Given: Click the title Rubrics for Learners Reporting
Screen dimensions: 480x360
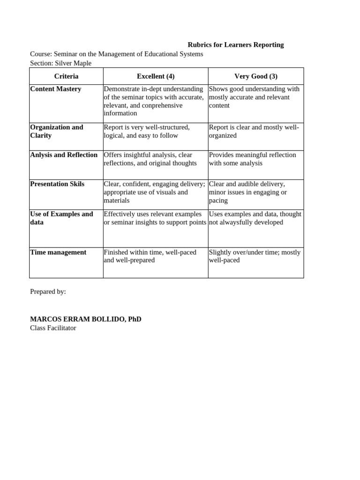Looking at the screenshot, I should [x=235, y=45].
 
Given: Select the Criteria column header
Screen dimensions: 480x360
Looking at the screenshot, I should [x=66, y=76].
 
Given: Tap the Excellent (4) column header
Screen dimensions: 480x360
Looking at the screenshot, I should [x=156, y=76].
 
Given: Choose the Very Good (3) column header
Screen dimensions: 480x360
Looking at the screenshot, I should [x=256, y=76].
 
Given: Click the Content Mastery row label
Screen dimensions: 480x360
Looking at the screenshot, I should [x=55, y=89].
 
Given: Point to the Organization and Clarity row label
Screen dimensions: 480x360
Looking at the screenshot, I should [x=56, y=131].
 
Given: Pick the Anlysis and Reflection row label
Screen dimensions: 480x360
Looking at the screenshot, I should [x=64, y=155].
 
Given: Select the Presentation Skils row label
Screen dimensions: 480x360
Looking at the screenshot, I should [x=57, y=184].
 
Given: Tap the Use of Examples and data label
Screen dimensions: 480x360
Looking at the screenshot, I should [x=61, y=218].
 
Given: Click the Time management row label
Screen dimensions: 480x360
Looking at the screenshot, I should [x=58, y=252].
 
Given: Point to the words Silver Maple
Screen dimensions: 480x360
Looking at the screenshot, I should [x=73, y=63].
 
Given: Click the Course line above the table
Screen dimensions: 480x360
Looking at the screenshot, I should [x=116, y=54].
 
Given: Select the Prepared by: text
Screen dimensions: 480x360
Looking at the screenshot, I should [x=48, y=292].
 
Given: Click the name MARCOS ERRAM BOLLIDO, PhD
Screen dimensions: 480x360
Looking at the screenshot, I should [x=85, y=319].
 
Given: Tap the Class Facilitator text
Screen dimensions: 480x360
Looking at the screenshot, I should [x=53, y=328].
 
